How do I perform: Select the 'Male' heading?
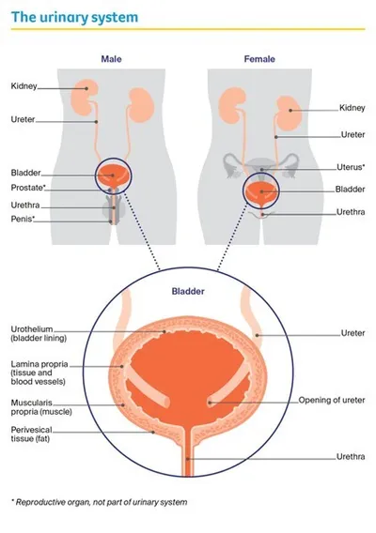pyautogui.click(x=112, y=59)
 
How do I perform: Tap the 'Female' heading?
pyautogui.click(x=260, y=59)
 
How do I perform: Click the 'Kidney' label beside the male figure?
pyautogui.click(x=24, y=86)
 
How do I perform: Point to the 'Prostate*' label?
pyautogui.click(x=28, y=189)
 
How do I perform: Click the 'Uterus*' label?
pyautogui.click(x=351, y=168)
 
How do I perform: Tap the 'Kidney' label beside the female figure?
pyautogui.click(x=351, y=109)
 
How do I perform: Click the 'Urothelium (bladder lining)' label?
pyautogui.click(x=39, y=335)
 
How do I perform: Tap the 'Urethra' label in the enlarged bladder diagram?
pyautogui.click(x=351, y=459)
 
